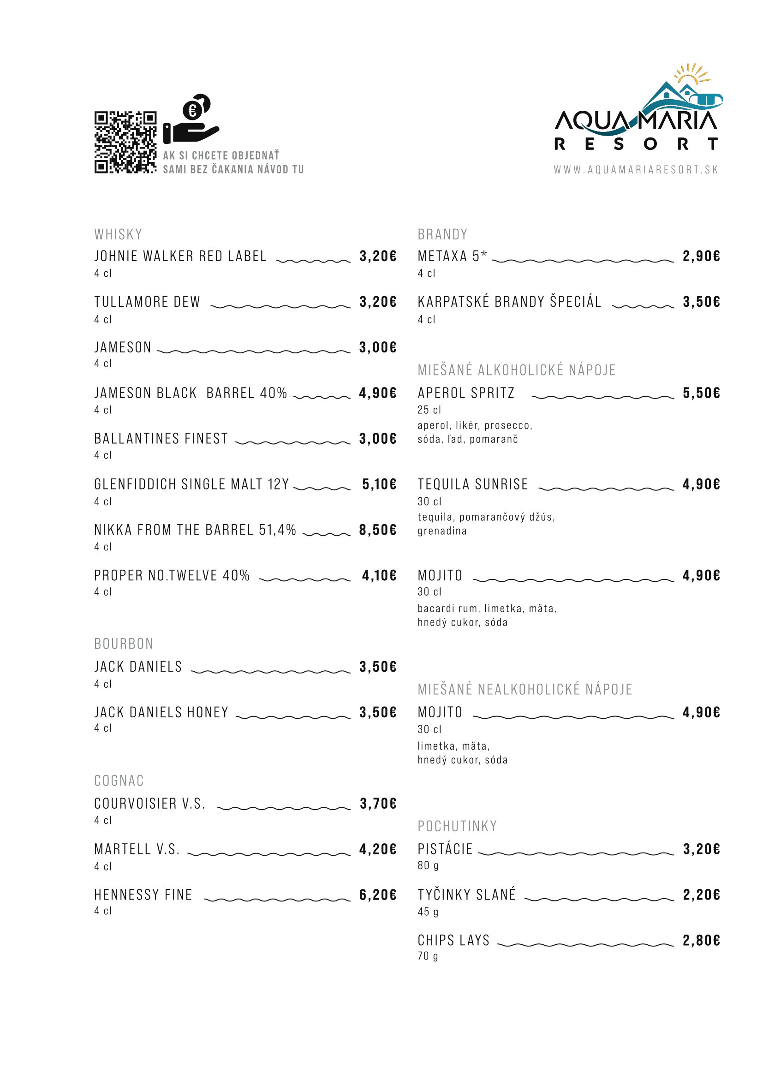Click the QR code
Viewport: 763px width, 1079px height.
point(125,142)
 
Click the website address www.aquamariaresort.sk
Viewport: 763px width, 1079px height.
point(636,170)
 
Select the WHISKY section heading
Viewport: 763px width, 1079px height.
point(118,234)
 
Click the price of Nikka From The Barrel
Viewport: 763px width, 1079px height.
point(378,530)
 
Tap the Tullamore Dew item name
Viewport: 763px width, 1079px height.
point(147,302)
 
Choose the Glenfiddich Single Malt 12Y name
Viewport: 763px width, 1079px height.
point(191,484)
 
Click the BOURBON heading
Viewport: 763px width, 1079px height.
point(124,644)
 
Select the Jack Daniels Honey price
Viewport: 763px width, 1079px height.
point(378,712)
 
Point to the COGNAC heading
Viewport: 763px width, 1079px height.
point(119,781)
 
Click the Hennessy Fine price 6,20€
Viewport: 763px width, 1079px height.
point(378,895)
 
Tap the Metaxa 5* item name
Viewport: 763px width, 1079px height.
point(452,256)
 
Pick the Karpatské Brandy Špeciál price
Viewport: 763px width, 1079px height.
point(701,302)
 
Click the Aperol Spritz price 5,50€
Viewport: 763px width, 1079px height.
point(701,393)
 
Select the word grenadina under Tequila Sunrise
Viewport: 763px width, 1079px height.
point(442,531)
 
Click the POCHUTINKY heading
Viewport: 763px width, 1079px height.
point(457,826)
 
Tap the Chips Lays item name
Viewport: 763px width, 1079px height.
point(453,940)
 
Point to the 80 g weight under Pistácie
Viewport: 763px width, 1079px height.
point(428,865)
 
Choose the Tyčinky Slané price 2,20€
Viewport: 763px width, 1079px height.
point(701,895)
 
